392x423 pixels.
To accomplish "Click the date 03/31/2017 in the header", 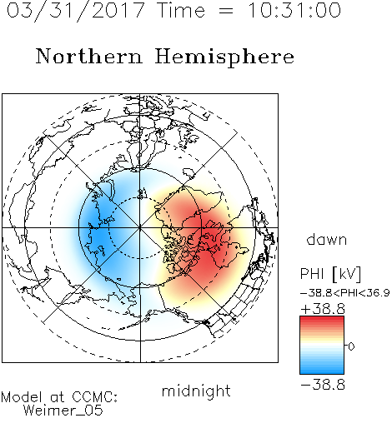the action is [76, 10].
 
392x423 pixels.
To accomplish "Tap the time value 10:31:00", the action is [294, 10].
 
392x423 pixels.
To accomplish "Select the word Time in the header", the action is [181, 10].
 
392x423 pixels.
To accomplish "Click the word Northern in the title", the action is [89, 56].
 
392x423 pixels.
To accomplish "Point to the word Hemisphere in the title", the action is [224, 57].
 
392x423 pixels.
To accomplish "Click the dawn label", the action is [327, 239].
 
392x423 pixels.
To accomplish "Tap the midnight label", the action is [196, 391].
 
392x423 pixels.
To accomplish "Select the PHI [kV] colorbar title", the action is [330, 274].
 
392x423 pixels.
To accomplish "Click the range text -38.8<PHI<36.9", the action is [344, 293].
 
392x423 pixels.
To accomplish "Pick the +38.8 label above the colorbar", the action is [323, 309].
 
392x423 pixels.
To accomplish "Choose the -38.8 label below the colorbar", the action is [323, 385].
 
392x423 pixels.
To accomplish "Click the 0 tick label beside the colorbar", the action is [351, 346].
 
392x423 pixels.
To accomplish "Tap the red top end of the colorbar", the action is [322, 319].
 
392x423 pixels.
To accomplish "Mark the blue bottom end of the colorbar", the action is [322, 371].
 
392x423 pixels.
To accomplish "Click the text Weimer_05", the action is [63, 411].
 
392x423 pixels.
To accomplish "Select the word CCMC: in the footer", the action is [94, 397].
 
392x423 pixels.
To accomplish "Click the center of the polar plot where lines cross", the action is [140, 228].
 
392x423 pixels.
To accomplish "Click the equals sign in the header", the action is [226, 11].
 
